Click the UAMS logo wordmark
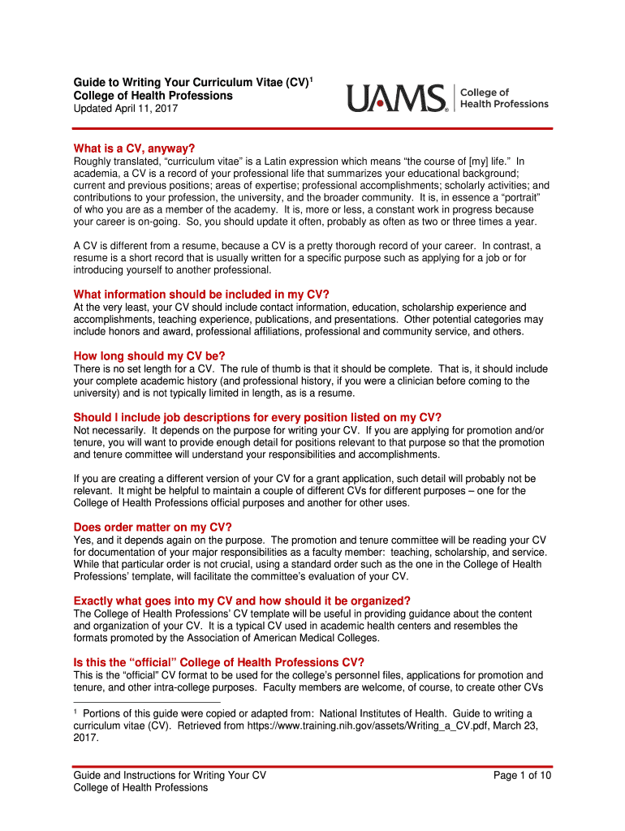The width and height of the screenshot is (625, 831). pos(397,98)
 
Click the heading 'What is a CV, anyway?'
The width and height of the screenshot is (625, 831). pos(134,148)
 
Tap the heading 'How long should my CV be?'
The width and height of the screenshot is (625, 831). pos(149,355)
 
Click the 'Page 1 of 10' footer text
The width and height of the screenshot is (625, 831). pos(523,775)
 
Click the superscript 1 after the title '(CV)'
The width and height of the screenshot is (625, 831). pos(311,79)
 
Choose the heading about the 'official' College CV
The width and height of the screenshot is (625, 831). pos(213,662)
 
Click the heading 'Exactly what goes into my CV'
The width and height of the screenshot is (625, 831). pos(242,601)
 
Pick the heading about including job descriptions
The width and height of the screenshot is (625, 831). pos(257,417)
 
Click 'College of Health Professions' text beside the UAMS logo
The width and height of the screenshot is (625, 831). pos(504,98)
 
